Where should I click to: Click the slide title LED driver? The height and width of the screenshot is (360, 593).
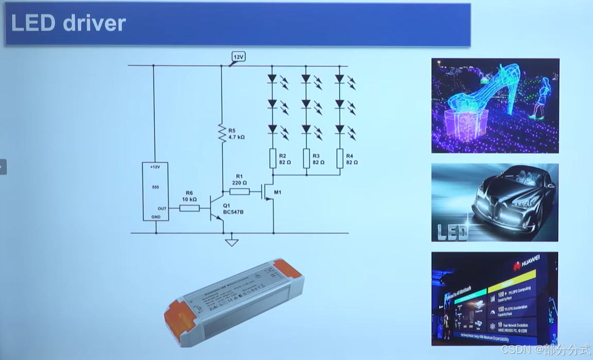(x=68, y=24)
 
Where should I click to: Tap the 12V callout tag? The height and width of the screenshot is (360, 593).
(x=238, y=57)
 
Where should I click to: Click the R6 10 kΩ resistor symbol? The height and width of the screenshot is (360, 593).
(x=189, y=208)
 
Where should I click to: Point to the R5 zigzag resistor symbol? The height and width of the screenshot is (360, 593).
(x=222, y=133)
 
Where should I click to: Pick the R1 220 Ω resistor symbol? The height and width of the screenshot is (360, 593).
(x=239, y=192)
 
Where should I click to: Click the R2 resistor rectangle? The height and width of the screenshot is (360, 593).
(x=273, y=158)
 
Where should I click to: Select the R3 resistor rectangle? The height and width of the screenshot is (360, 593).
(x=306, y=158)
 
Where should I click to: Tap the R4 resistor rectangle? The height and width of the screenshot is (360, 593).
(x=339, y=158)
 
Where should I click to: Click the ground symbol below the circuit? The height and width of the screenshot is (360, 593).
(x=232, y=242)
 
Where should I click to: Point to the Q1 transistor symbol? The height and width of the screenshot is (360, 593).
(x=216, y=208)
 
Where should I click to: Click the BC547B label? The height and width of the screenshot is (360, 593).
(x=233, y=212)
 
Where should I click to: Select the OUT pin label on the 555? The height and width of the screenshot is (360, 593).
(x=162, y=208)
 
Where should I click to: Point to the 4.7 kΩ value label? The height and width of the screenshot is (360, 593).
(x=237, y=137)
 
